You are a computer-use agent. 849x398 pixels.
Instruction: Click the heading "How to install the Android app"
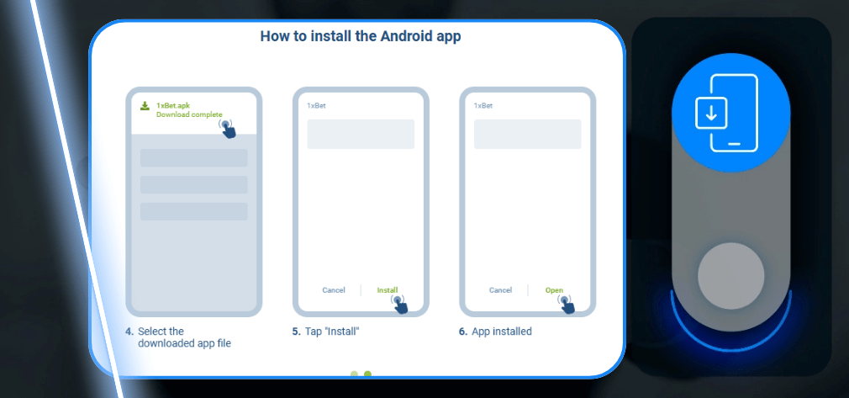tap(360, 36)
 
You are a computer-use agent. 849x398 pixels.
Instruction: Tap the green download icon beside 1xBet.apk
tap(145, 106)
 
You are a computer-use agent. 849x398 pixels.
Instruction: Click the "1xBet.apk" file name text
tap(172, 105)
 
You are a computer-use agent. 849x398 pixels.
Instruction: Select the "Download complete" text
tap(189, 114)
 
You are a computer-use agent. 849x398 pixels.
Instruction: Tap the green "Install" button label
tap(388, 290)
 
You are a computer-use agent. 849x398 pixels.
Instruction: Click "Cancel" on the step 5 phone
tap(334, 290)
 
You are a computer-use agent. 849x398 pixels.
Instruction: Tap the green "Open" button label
tap(554, 290)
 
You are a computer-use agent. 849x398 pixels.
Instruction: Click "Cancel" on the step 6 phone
tap(500, 290)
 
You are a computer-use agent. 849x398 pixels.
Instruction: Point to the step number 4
tap(129, 332)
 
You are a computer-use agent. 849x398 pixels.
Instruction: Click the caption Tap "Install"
tap(331, 332)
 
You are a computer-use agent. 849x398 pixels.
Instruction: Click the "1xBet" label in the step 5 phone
tap(316, 106)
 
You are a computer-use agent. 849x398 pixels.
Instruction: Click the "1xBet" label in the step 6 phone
tap(483, 106)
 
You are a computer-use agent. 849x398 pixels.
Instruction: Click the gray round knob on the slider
tap(730, 276)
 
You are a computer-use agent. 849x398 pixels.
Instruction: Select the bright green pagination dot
tap(367, 374)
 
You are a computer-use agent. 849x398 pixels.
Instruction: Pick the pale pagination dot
tap(354, 374)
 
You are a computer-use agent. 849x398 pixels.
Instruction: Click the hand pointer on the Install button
tap(399, 304)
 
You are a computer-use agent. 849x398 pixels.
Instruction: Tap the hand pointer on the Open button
tap(567, 304)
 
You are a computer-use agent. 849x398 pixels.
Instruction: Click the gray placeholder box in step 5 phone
tap(361, 135)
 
